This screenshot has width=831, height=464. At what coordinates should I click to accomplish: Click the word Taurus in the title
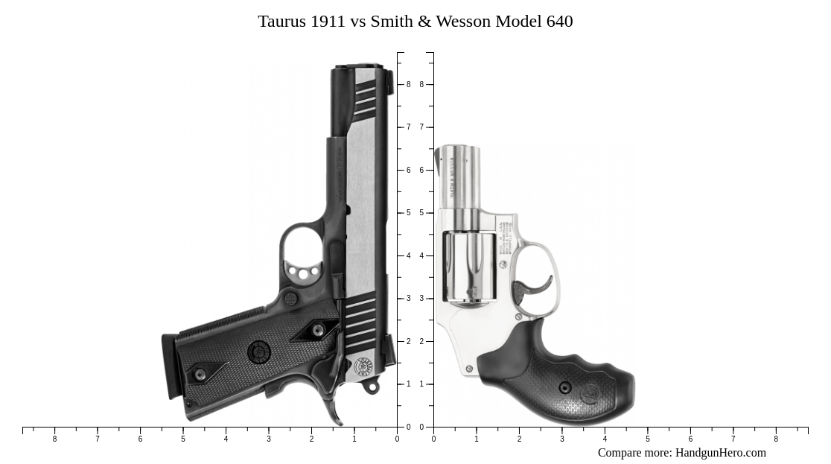[x=281, y=22]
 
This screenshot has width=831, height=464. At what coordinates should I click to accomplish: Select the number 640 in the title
[x=559, y=22]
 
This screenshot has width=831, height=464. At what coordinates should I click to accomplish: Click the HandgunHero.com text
[x=720, y=453]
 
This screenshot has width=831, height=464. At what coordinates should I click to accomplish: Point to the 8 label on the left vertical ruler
[x=408, y=85]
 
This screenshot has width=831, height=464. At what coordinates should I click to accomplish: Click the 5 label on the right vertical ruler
[x=421, y=213]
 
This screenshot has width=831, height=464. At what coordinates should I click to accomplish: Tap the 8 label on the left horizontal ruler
[x=54, y=439]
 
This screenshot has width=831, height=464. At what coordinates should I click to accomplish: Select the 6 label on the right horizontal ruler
[x=690, y=439]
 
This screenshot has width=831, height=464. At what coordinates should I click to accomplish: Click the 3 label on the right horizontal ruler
[x=562, y=439]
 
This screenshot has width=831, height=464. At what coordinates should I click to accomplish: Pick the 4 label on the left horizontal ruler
[x=226, y=439]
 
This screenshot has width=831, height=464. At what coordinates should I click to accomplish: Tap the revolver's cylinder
[x=469, y=267]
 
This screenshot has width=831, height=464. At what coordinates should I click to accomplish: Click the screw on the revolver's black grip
[x=565, y=388]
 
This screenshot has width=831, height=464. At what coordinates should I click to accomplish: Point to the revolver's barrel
[x=462, y=179]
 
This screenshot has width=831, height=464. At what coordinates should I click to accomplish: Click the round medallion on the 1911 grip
[x=259, y=352]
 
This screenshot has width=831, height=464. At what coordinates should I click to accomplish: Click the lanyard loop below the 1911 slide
[x=371, y=387]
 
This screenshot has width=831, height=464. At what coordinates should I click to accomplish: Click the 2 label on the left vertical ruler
[x=408, y=341]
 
